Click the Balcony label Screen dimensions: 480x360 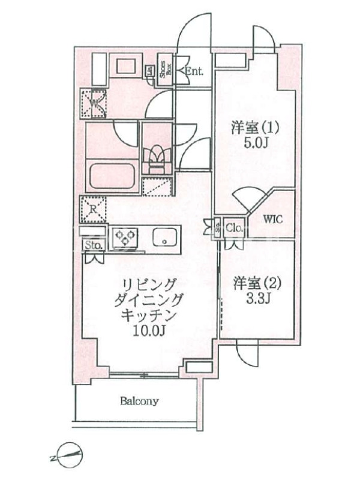pos(139,401)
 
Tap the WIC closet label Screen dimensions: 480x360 pos(273,219)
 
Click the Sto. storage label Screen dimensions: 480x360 pos(92,245)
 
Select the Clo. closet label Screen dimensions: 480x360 pos(233,227)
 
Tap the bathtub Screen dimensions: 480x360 pos(112,178)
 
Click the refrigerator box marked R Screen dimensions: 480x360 pos(94,210)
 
